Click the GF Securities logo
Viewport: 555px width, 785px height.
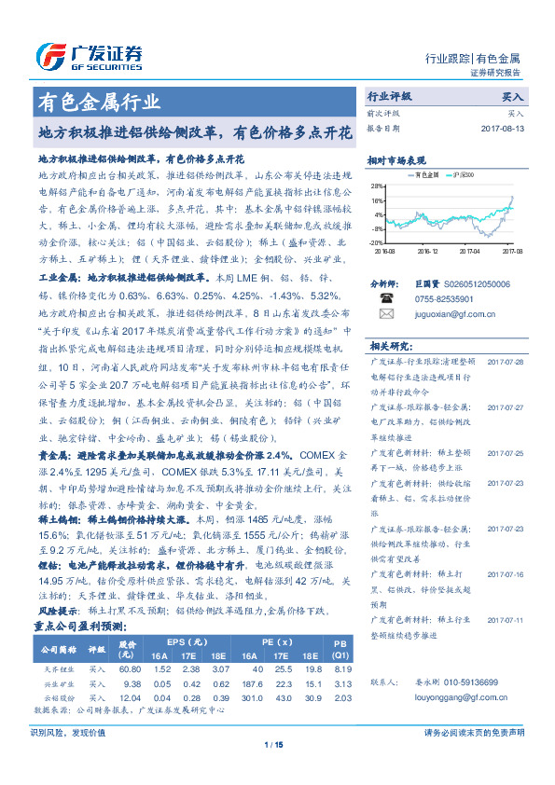click(89, 57)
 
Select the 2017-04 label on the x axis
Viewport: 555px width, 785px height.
click(470, 251)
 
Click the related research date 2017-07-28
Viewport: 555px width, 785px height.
click(506, 361)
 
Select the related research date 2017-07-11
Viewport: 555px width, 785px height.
click(506, 618)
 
